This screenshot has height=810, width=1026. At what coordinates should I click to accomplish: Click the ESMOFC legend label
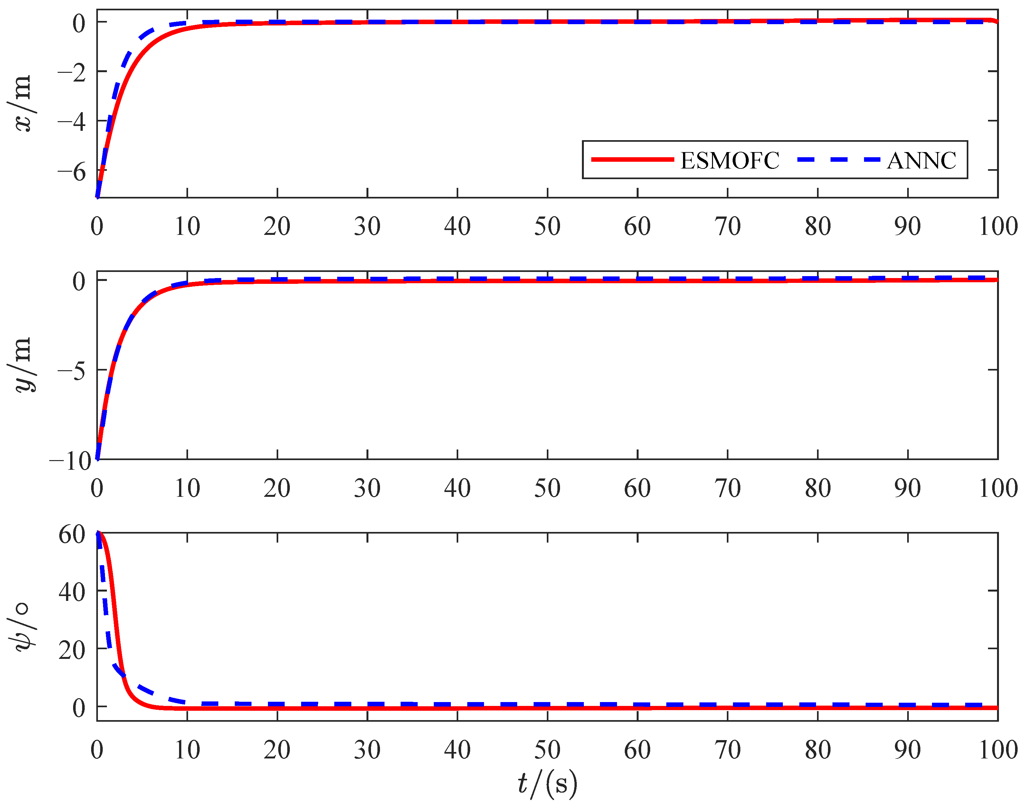click(729, 161)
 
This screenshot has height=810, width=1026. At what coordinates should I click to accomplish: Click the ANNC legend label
click(921, 161)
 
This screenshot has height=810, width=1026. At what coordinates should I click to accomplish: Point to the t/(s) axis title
click(547, 784)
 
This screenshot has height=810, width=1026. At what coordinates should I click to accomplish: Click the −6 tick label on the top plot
click(72, 171)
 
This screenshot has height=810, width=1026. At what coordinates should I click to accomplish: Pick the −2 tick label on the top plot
click(72, 72)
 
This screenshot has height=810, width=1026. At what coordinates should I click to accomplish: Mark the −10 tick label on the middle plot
click(70, 460)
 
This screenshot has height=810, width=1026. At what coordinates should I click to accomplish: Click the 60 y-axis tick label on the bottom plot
click(72, 535)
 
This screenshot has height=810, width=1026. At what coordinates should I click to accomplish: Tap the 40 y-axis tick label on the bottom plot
click(72, 592)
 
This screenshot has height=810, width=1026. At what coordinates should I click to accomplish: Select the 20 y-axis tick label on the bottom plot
click(72, 650)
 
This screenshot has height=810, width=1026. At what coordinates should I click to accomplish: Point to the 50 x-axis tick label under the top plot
click(547, 226)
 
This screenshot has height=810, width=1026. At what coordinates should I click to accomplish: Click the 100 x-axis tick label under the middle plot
click(998, 488)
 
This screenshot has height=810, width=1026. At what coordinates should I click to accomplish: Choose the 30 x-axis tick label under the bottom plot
click(367, 750)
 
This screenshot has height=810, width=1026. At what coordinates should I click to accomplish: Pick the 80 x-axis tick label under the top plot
click(817, 226)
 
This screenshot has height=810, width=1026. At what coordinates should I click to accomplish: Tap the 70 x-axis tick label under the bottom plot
click(727, 750)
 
